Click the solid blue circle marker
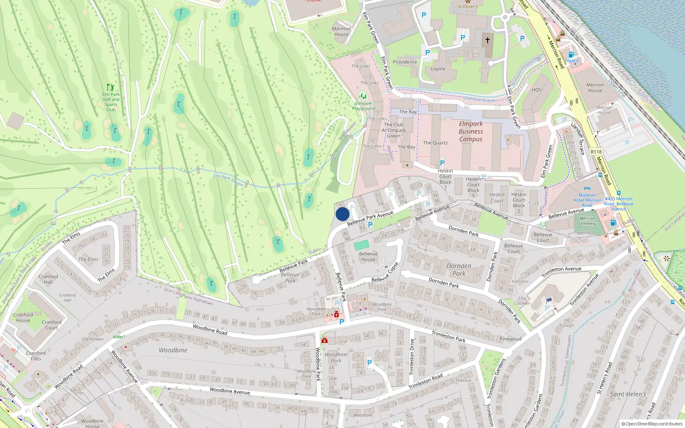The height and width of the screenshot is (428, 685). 342,214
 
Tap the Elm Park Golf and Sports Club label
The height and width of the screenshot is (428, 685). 111,102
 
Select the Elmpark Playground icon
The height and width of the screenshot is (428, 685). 363,96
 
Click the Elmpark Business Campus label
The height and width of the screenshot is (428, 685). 471,131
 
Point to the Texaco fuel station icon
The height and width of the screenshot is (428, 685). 571,54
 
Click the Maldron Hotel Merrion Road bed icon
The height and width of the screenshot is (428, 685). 587,188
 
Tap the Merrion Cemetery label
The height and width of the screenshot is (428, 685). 587,221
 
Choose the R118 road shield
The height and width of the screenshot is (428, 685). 596,152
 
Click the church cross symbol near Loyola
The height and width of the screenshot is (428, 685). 487,40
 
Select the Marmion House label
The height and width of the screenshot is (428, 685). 341,32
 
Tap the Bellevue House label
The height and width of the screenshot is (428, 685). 368,256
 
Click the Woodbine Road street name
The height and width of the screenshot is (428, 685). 210,329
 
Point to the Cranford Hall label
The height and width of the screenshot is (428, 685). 48,279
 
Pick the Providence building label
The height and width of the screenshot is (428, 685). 405,62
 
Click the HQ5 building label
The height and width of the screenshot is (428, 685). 536,90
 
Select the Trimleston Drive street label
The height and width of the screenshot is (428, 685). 412,357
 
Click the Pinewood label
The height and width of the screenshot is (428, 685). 510,339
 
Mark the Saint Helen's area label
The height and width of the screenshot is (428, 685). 628,394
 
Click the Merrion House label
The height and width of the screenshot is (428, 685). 595,88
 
